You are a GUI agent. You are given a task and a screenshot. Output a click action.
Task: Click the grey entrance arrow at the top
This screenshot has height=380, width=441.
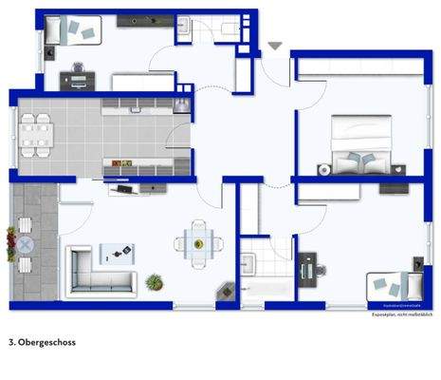(x=274, y=46)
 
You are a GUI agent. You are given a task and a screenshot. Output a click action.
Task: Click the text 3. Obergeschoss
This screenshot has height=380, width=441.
(x=41, y=341)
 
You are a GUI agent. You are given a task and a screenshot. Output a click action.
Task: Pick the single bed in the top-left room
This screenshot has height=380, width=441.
(x=72, y=31)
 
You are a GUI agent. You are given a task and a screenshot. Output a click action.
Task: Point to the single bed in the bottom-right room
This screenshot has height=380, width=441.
(x=392, y=283)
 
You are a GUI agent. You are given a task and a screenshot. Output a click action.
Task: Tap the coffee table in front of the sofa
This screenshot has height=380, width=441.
(x=117, y=252)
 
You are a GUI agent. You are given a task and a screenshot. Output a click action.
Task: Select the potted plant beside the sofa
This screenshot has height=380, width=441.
(x=154, y=281)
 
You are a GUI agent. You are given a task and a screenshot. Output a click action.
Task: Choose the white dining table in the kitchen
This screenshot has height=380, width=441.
(x=36, y=134)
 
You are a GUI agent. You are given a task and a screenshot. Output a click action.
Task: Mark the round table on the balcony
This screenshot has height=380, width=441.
(x=25, y=244)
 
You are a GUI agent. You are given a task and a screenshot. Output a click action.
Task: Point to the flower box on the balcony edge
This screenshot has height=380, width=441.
(x=10, y=244)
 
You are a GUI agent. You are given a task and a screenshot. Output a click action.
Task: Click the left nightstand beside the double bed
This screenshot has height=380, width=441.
(x=323, y=170)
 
